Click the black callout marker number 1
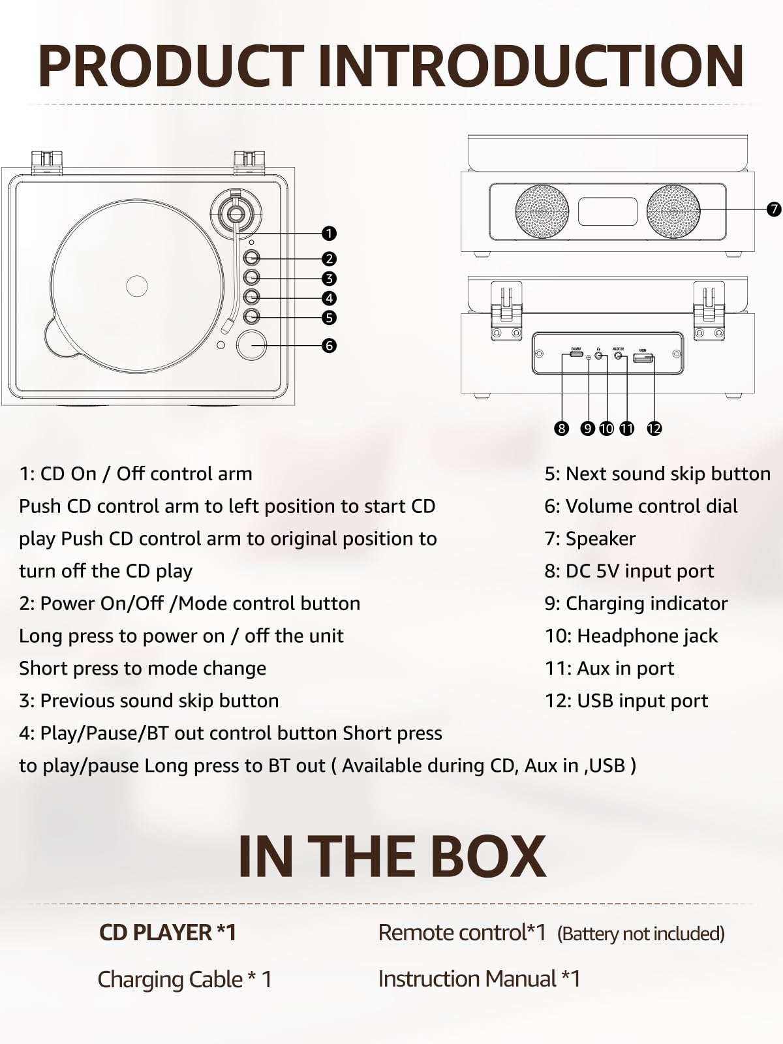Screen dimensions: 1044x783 [x=329, y=233]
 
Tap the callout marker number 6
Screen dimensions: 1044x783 [x=329, y=345]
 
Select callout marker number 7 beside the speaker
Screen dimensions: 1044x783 [x=774, y=209]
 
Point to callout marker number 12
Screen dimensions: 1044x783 [x=654, y=428]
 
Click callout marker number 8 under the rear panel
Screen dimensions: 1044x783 [x=561, y=428]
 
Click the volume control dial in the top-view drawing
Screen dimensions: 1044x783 [x=251, y=346]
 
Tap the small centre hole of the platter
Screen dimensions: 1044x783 [x=137, y=286]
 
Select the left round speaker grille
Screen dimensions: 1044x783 [x=542, y=211]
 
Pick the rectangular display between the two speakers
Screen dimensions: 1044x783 [x=607, y=211]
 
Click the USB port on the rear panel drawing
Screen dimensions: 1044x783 [x=643, y=358]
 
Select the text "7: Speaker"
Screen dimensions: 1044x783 [x=590, y=539]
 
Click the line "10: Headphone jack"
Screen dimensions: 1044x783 [x=631, y=636]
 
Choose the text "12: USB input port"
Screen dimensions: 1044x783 [x=626, y=701]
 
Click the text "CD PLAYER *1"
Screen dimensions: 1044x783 [x=168, y=932]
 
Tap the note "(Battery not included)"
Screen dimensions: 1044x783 [x=641, y=934]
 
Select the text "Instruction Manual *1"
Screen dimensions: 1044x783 [x=479, y=979]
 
